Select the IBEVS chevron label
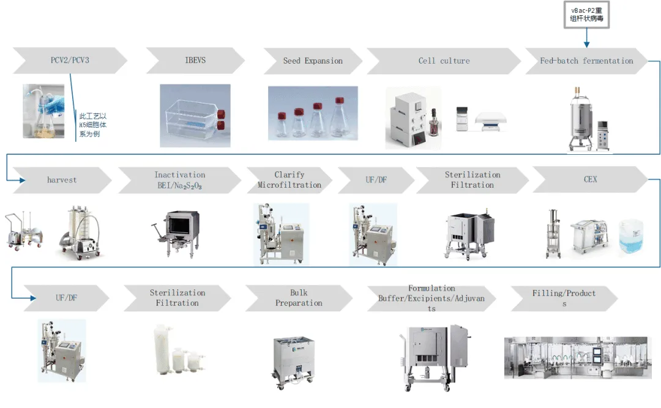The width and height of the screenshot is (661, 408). (x=195, y=61)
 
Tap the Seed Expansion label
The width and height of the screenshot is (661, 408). (x=313, y=61)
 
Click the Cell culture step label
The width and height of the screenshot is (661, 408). (x=444, y=61)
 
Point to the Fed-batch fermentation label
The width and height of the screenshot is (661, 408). (x=586, y=61)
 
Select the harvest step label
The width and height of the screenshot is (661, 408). (x=62, y=180)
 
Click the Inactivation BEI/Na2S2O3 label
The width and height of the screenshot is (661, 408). (x=179, y=180)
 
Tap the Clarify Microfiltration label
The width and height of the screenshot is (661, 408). (x=289, y=180)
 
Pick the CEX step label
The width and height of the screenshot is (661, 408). (x=590, y=179)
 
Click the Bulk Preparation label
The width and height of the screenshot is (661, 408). (x=299, y=298)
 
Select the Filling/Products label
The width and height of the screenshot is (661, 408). (x=564, y=298)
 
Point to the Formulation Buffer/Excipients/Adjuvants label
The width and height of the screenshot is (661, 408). (x=431, y=298)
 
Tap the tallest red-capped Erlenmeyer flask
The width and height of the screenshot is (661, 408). (x=337, y=117)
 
